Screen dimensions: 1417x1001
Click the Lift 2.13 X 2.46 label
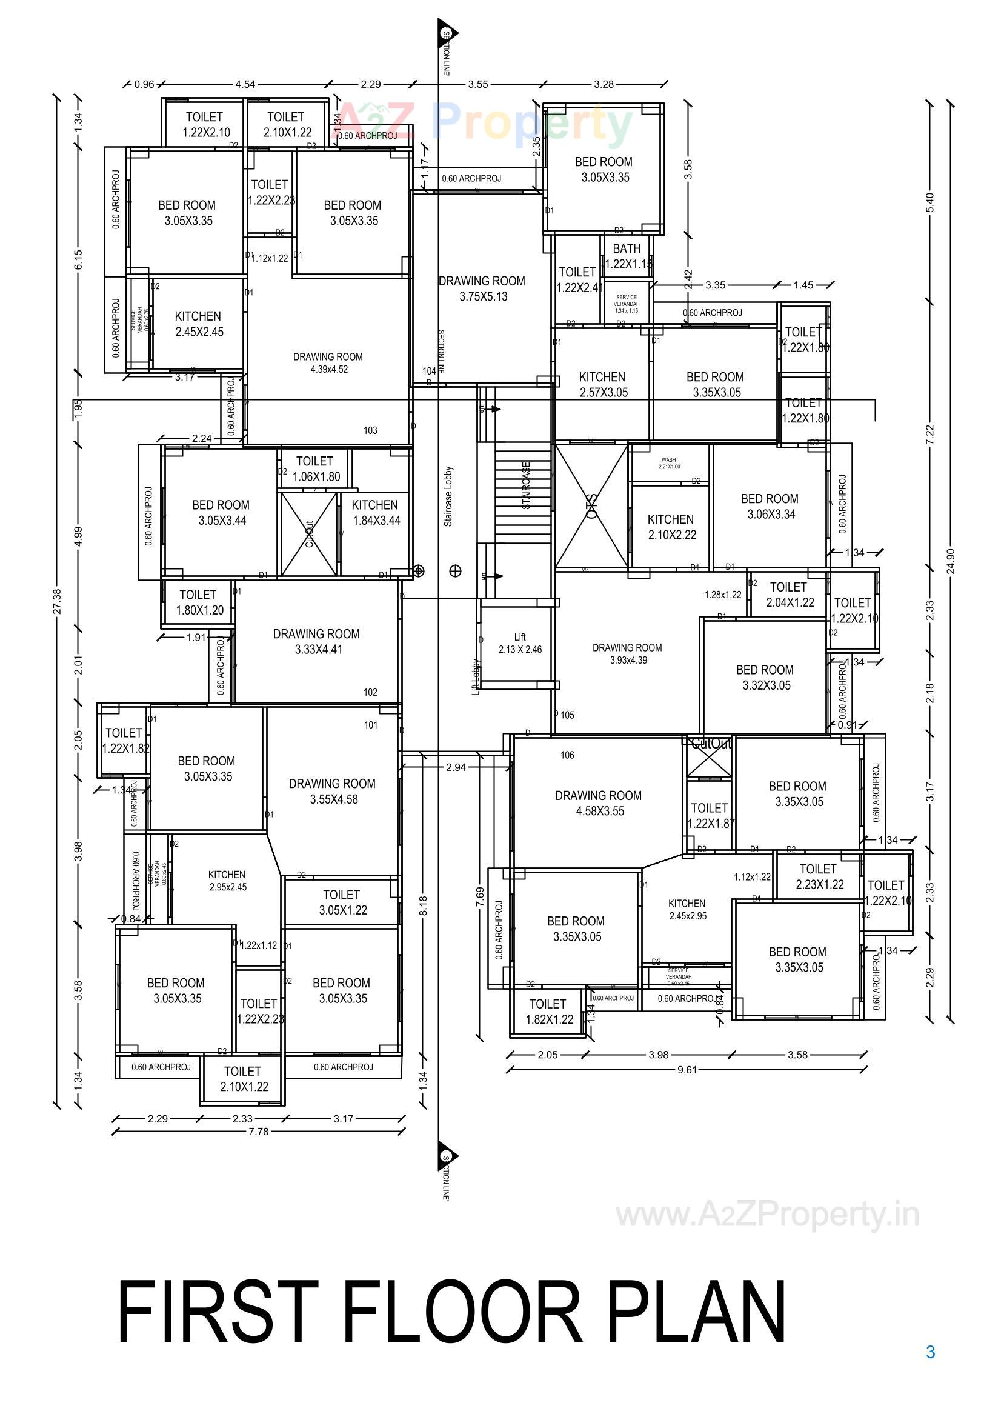tap(520, 643)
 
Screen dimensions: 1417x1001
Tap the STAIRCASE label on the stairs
tap(526, 485)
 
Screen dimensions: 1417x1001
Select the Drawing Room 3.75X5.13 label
tap(482, 288)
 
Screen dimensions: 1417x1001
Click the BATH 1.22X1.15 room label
tap(627, 256)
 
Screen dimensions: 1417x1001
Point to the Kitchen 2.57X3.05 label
tap(602, 384)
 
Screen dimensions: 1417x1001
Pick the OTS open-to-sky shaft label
tap(591, 505)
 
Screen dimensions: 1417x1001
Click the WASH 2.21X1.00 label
tap(669, 463)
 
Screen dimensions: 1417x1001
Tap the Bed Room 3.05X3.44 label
tap(221, 512)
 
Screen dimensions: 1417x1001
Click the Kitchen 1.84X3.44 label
tap(375, 512)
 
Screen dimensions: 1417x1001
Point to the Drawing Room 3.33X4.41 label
tap(316, 641)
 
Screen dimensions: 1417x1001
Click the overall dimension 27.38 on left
tap(58, 601)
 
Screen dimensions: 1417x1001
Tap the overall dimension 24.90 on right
tap(949, 561)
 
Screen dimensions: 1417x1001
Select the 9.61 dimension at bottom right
tap(687, 1070)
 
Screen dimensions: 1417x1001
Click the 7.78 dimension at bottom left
tap(259, 1132)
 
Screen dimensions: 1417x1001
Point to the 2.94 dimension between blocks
tap(456, 767)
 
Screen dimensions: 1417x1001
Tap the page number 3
tap(930, 1352)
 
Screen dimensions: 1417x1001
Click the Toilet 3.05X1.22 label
tap(342, 902)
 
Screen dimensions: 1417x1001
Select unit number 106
tap(567, 754)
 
